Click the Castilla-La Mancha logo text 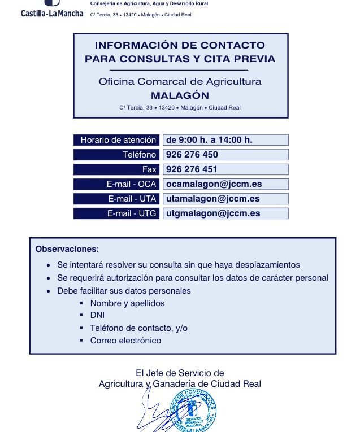click(x=51, y=13)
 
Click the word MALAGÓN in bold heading click(x=180, y=95)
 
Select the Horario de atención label click(x=118, y=140)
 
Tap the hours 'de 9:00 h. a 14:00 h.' click(x=208, y=140)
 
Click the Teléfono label click(x=139, y=155)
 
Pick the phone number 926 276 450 click(x=192, y=155)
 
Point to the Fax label click(x=149, y=169)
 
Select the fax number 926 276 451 click(x=192, y=169)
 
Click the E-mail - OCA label click(x=131, y=184)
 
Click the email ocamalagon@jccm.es click(x=214, y=184)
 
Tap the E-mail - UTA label click(x=132, y=199)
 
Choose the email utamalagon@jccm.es click(x=212, y=199)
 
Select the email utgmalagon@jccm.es click(x=212, y=213)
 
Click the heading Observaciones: click(x=67, y=248)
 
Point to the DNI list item click(x=97, y=315)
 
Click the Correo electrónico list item click(x=125, y=340)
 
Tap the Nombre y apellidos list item click(x=127, y=303)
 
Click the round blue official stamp click(x=193, y=412)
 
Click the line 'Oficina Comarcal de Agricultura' click(x=180, y=82)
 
